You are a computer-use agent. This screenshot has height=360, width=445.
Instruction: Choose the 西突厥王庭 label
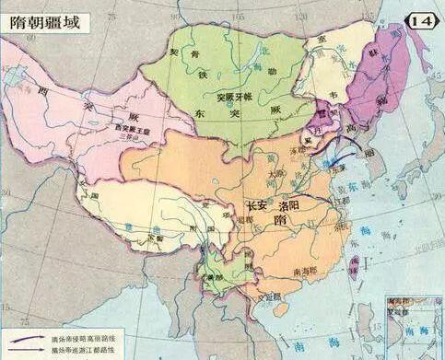click(130, 130)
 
